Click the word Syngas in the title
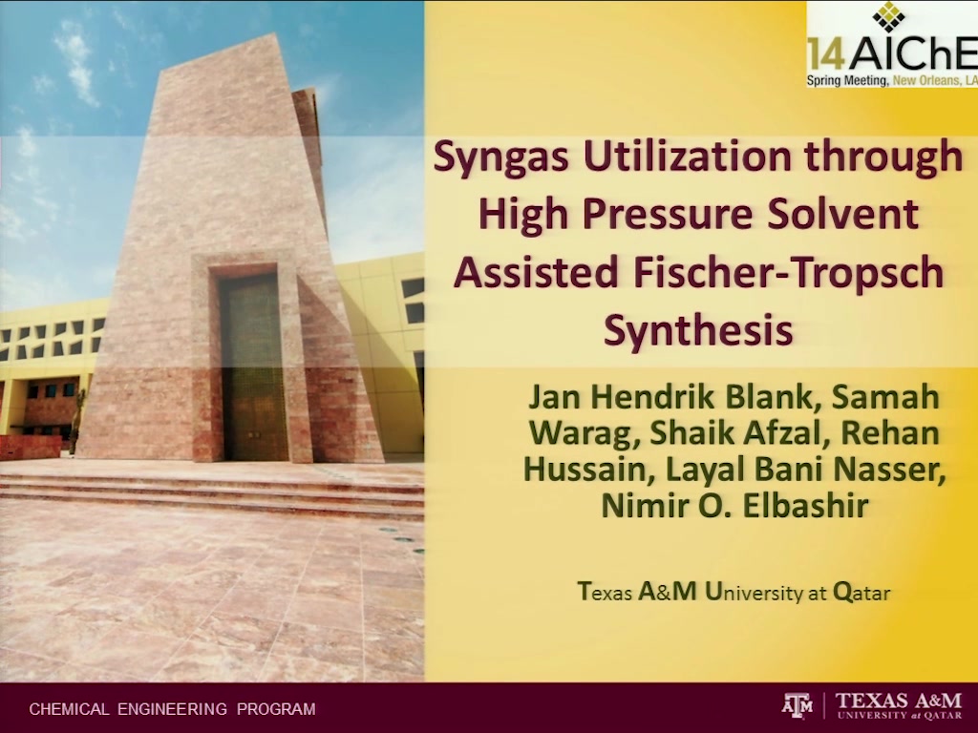click(x=501, y=157)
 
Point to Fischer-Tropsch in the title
click(x=788, y=274)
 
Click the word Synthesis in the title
click(x=698, y=331)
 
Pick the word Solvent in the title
click(x=843, y=214)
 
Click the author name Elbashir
click(x=804, y=506)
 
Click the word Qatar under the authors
click(x=861, y=592)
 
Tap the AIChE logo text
click(x=913, y=54)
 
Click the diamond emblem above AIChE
click(x=888, y=17)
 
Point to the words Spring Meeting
click(x=848, y=80)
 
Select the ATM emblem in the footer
click(x=797, y=705)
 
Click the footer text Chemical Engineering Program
click(x=172, y=709)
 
